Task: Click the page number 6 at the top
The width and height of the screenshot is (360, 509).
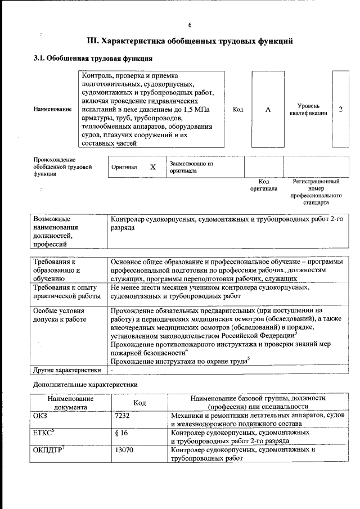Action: pyautogui.click(x=190, y=25)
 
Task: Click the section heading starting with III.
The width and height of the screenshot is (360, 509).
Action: pyautogui.click(x=190, y=41)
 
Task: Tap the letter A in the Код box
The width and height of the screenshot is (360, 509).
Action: pyautogui.click(x=268, y=109)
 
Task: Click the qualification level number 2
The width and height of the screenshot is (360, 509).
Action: pyautogui.click(x=340, y=109)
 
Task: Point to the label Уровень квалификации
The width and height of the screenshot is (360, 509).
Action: pyautogui.click(x=309, y=109)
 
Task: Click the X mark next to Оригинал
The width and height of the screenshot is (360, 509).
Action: pyautogui.click(x=152, y=167)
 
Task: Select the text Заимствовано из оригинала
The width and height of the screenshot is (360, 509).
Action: pyautogui.click(x=192, y=166)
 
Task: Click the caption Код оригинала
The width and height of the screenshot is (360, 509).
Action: pyautogui.click(x=264, y=185)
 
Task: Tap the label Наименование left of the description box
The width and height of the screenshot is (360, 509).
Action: pyautogui.click(x=53, y=109)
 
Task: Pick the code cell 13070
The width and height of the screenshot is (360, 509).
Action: pyautogui.click(x=124, y=451)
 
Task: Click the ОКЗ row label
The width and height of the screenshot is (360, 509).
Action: pyautogui.click(x=42, y=415)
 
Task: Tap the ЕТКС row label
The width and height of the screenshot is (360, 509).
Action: pyautogui.click(x=44, y=433)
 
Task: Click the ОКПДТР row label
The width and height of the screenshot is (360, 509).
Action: pyautogui.click(x=47, y=450)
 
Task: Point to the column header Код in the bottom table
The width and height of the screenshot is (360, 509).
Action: pyautogui.click(x=139, y=402)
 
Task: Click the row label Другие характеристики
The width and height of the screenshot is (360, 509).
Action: pyautogui.click(x=67, y=370)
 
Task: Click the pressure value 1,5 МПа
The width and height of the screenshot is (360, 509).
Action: pyautogui.click(x=191, y=109)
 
